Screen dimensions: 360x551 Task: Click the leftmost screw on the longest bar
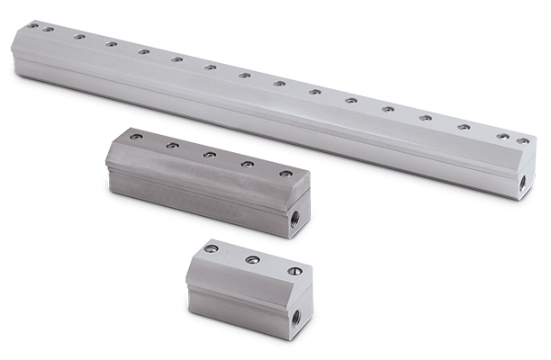point(33,28)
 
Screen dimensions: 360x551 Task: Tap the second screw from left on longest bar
point(49,31)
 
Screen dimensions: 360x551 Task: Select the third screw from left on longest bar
point(80,37)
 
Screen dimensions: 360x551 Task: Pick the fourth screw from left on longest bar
point(112,43)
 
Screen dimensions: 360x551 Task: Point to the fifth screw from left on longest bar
point(144,51)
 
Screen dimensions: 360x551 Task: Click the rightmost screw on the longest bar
point(520,139)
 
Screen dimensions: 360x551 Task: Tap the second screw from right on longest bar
point(502,136)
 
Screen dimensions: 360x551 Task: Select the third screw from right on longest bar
point(464,127)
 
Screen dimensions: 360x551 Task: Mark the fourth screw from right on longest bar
point(425,118)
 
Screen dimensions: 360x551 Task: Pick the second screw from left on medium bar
point(172,145)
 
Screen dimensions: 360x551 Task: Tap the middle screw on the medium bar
point(209,154)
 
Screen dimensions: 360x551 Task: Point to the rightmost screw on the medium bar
point(286,173)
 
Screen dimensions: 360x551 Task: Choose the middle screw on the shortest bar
point(253,260)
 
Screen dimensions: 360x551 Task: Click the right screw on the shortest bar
point(294,271)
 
